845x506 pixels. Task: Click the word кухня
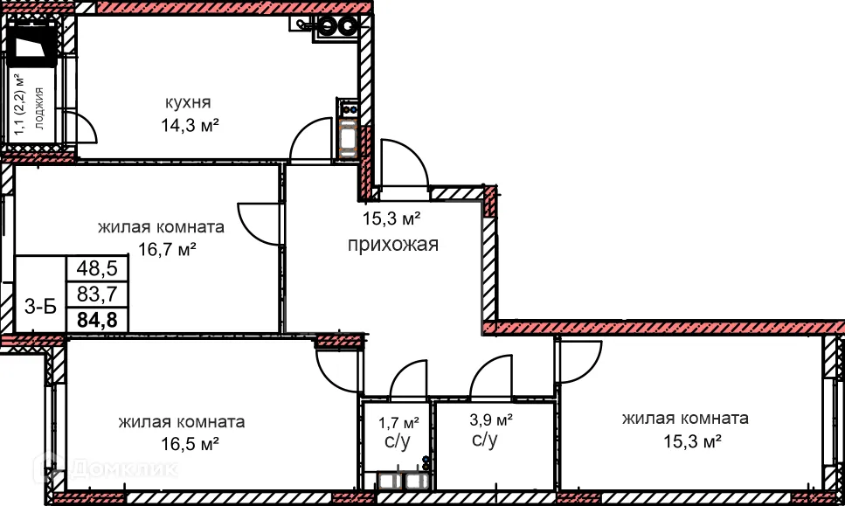(187, 102)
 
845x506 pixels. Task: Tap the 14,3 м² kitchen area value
(188, 124)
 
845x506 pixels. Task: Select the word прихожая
(392, 245)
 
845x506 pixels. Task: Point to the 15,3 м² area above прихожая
(392, 218)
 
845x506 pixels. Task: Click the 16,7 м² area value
(167, 249)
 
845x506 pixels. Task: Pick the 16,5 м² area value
(181, 444)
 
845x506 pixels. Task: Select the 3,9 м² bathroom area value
(492, 419)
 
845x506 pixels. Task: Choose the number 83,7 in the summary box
(98, 293)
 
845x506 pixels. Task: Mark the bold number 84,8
(98, 318)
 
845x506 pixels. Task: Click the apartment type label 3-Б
(41, 306)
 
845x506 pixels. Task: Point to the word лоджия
(38, 107)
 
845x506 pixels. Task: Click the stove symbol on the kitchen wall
(347, 108)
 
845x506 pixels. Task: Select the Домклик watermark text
(122, 469)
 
